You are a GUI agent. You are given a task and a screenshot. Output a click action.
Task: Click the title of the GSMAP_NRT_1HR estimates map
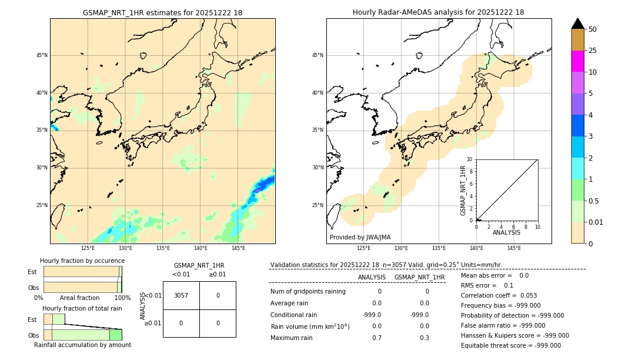(162, 12)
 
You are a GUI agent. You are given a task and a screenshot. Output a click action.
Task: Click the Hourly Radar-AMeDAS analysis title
(438, 12)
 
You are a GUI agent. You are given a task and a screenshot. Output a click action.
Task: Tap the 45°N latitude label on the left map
(42, 55)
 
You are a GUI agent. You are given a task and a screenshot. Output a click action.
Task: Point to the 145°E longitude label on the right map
(514, 248)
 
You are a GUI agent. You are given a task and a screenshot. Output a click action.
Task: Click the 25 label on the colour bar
(593, 51)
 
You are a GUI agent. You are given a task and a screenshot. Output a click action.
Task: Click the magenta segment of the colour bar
(578, 61)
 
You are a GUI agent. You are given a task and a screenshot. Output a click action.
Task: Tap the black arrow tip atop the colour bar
(578, 23)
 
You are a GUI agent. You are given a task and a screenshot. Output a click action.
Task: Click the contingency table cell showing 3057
(181, 295)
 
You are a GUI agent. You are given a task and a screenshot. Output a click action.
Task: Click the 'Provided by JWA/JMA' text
(360, 237)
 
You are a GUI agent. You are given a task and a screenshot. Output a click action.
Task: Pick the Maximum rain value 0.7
(376, 338)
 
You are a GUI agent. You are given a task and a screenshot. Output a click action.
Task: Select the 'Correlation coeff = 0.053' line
(499, 295)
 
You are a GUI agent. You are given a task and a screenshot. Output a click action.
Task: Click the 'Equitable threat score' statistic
(510, 345)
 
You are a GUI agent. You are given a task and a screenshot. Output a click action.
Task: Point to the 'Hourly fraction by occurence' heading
(82, 261)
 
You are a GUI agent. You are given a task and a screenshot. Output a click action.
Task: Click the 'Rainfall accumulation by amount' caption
(82, 345)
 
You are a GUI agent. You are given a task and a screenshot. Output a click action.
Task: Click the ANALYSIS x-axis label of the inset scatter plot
(506, 233)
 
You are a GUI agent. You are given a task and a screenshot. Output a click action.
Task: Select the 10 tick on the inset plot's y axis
(470, 159)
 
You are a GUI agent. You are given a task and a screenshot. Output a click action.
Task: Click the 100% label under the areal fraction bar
(122, 298)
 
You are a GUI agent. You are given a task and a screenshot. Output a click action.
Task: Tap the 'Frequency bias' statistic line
(500, 305)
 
